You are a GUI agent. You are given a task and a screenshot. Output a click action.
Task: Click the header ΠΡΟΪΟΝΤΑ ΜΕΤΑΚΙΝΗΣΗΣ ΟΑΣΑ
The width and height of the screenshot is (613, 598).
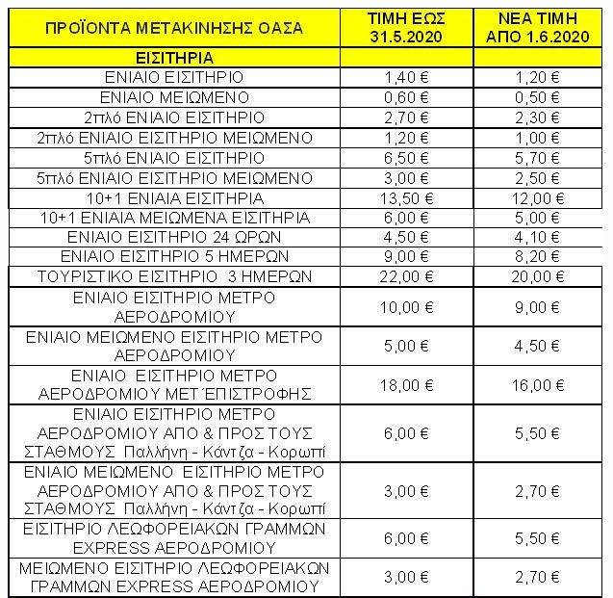click(x=173, y=27)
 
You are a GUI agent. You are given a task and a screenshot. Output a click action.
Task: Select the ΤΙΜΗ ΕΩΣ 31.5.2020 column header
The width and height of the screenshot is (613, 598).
click(x=407, y=27)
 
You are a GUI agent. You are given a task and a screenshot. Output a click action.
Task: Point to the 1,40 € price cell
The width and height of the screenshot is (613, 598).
click(x=407, y=76)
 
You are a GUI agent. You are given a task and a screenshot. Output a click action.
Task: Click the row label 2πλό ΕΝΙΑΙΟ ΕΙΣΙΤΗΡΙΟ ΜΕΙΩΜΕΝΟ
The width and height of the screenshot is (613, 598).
click(x=173, y=138)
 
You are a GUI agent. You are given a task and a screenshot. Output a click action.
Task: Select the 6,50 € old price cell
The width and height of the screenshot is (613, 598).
click(x=407, y=158)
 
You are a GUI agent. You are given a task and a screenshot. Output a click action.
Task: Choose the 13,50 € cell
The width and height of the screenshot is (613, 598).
click(x=407, y=198)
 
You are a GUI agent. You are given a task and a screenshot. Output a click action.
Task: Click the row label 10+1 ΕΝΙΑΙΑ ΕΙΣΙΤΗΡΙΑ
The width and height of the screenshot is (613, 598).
click(x=173, y=198)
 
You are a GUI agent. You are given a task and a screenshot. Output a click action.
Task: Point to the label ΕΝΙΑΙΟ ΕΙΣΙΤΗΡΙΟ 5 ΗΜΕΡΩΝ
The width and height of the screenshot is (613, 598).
click(x=173, y=257)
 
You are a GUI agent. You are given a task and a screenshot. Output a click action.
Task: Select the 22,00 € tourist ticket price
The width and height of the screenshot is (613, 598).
click(x=407, y=277)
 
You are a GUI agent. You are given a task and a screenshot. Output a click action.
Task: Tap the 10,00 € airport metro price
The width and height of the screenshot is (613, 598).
click(x=407, y=309)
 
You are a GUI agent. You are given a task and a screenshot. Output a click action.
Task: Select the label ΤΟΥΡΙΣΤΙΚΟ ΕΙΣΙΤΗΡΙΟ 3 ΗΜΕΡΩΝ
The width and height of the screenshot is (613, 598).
click(x=173, y=277)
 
